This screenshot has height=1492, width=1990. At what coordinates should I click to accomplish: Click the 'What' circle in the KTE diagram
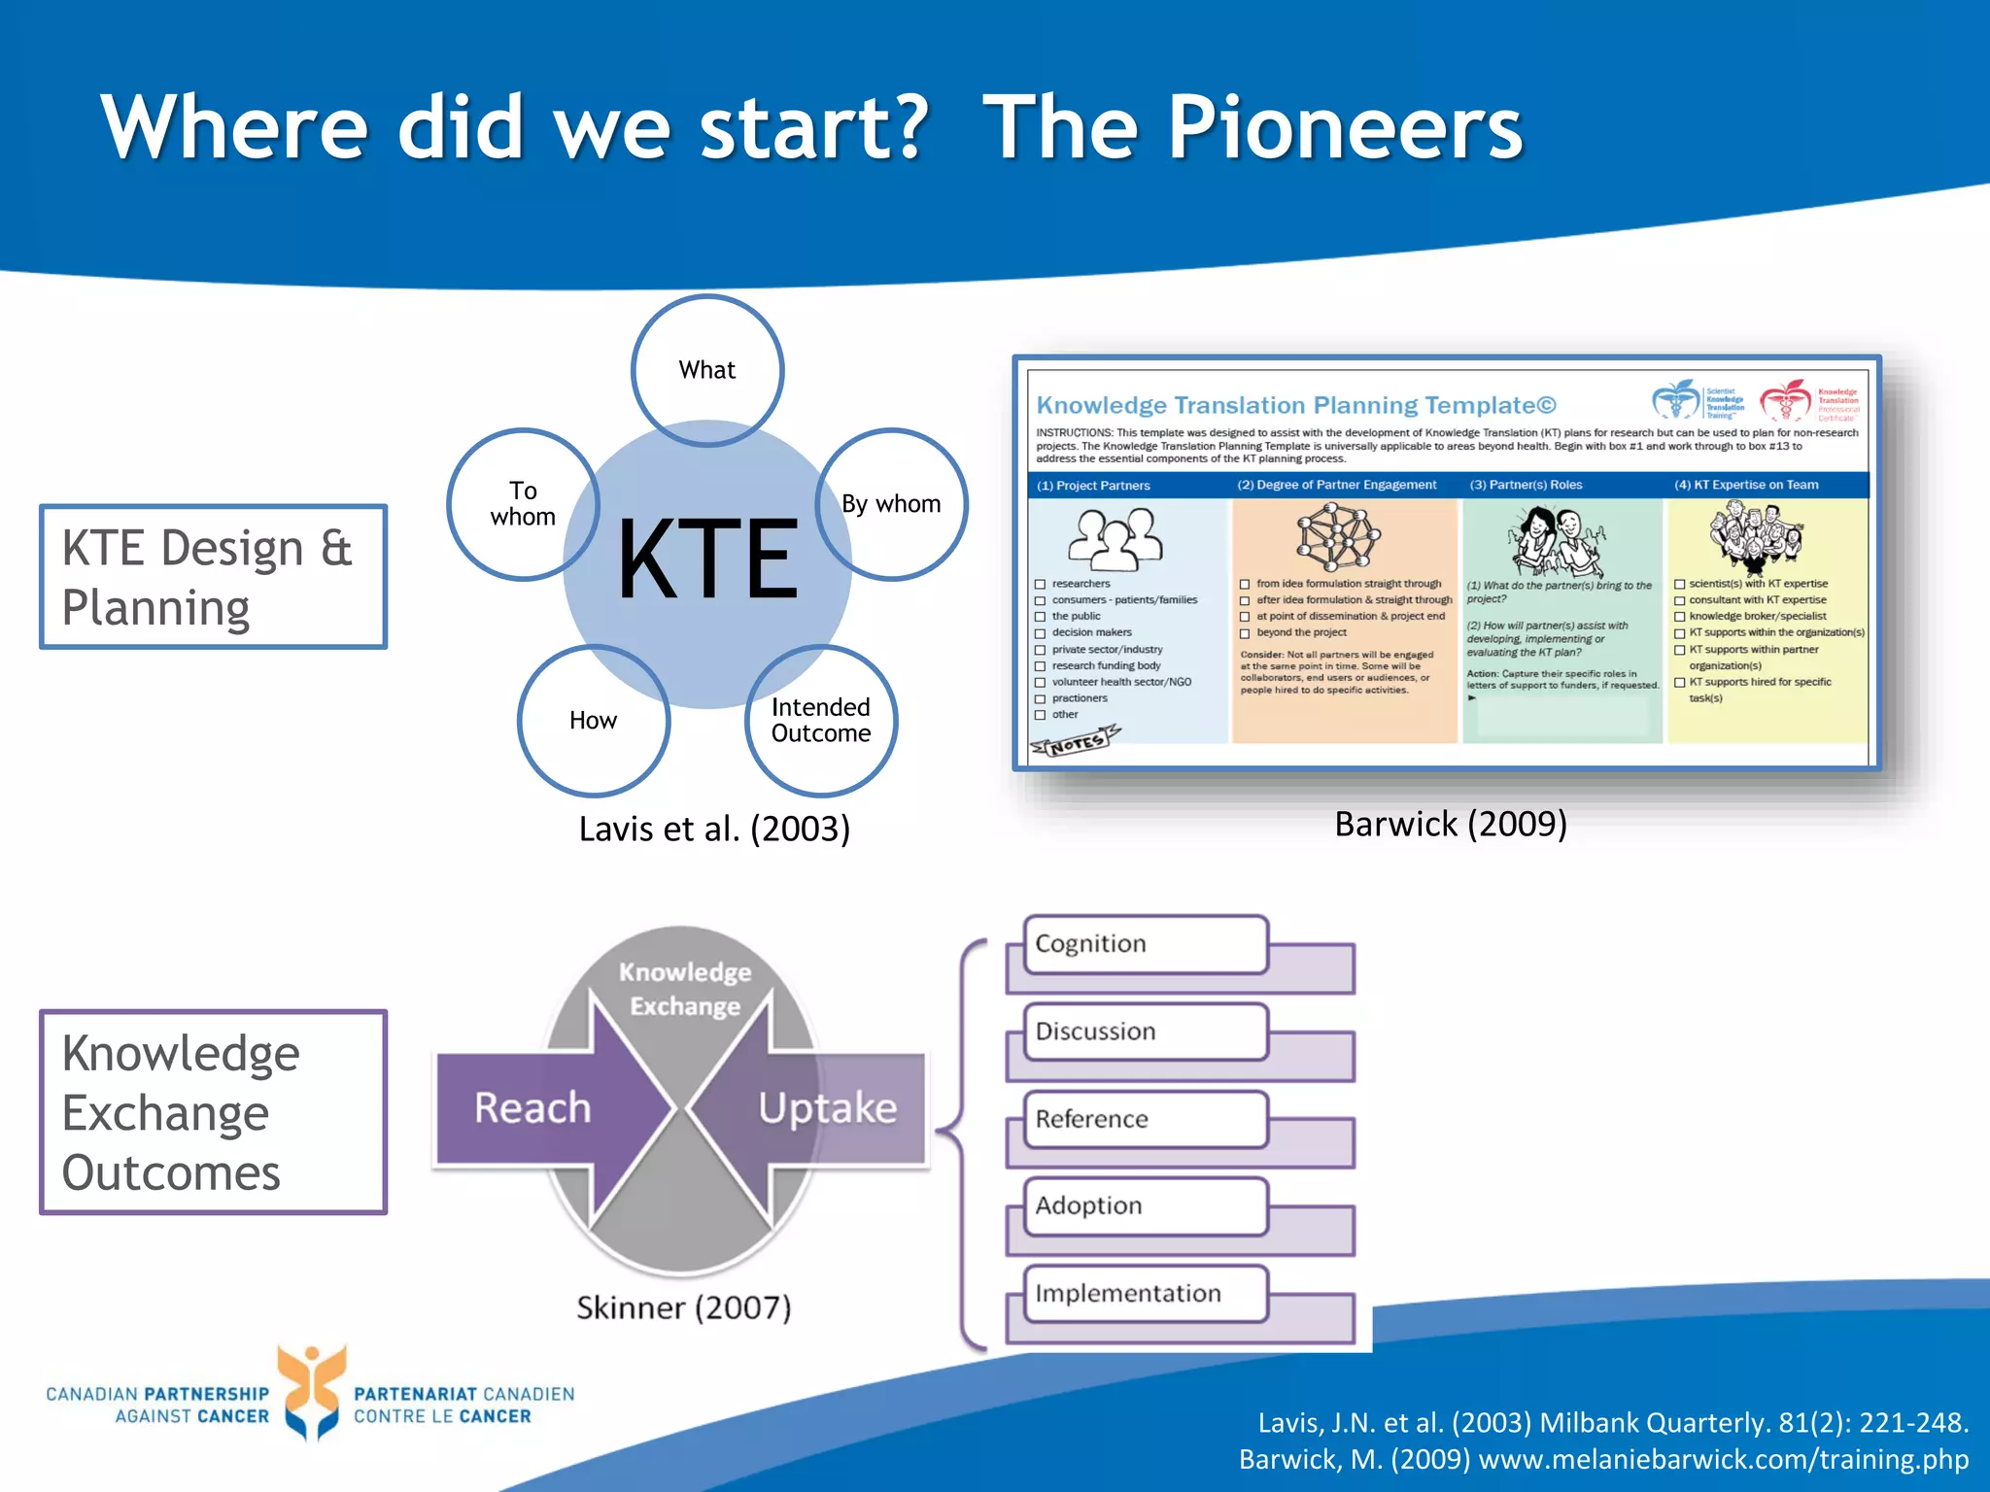point(707,370)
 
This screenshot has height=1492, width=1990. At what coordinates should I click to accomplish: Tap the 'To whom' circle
point(523,504)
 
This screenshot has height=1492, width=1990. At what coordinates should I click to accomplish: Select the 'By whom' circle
point(891,504)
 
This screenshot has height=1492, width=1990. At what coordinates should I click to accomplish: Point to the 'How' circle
point(593,721)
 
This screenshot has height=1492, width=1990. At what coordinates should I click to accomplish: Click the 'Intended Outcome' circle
point(821,721)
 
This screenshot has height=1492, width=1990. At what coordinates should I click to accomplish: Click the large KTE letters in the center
point(707,559)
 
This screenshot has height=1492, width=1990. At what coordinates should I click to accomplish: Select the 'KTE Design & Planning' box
point(213,577)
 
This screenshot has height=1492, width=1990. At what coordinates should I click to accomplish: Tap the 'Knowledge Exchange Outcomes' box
point(213,1112)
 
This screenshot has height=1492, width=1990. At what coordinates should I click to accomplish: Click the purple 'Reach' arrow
point(532,1108)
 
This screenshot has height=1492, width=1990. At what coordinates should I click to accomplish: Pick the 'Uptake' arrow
point(828,1108)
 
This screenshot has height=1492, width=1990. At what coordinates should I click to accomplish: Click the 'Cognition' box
point(1147,944)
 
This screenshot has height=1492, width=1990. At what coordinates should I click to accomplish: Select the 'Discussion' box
point(1147,1032)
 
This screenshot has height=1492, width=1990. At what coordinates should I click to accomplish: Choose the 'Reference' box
point(1147,1119)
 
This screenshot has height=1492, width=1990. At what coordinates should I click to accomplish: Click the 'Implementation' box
point(1147,1294)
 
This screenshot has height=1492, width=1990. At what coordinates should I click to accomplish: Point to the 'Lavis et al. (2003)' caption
point(714,829)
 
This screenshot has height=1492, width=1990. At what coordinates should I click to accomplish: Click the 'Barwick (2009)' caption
point(1451,824)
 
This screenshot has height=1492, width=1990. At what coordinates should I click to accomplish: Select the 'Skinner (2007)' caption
point(684,1307)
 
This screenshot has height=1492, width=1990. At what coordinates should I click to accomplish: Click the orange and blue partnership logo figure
point(311,1391)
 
